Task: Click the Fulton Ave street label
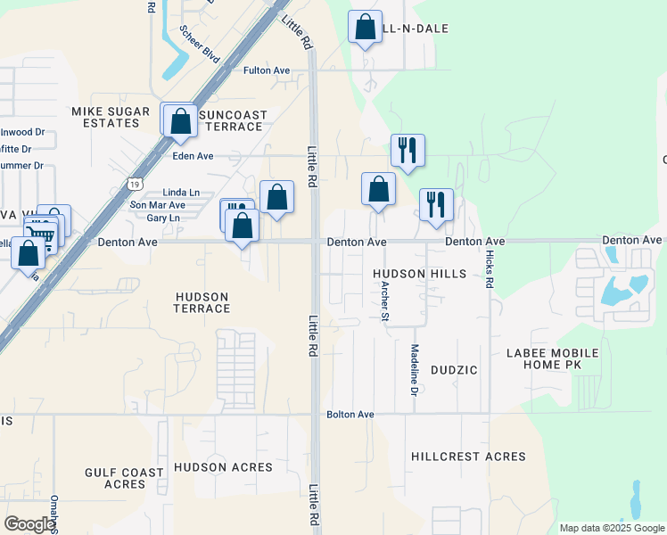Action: pyautogui.click(x=267, y=70)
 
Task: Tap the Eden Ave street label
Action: pyautogui.click(x=193, y=155)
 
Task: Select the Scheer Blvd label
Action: pyautogui.click(x=199, y=42)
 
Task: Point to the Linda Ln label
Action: pyautogui.click(x=181, y=193)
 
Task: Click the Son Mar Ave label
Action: pyautogui.click(x=158, y=205)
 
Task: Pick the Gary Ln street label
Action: pyautogui.click(x=162, y=218)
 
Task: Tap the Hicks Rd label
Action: pyautogui.click(x=490, y=267)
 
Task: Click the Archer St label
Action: pyautogui.click(x=385, y=300)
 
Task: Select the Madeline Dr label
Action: pyautogui.click(x=415, y=365)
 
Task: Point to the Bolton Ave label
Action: pyautogui.click(x=350, y=415)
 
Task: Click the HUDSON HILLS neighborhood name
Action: pyautogui.click(x=419, y=274)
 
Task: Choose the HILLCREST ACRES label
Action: pyautogui.click(x=468, y=457)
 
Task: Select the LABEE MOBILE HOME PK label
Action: pyautogui.click(x=552, y=359)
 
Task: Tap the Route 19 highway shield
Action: pyautogui.click(x=134, y=183)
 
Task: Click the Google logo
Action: pyautogui.click(x=29, y=524)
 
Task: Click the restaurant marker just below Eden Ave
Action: pyautogui.click(x=408, y=149)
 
